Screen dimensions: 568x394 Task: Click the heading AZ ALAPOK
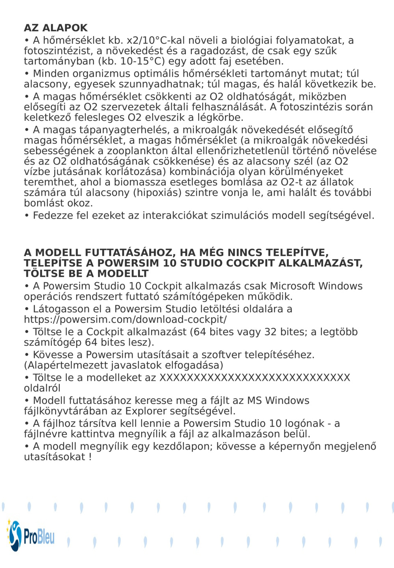[56, 28]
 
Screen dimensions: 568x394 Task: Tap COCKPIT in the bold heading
[248, 263]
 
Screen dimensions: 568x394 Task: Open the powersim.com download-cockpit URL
[125, 319]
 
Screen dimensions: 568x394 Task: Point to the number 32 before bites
[270, 332]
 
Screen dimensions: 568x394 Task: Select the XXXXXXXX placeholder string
[255, 378]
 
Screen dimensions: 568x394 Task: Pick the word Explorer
[146, 411]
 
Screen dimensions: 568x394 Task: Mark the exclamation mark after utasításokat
[90, 457]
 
